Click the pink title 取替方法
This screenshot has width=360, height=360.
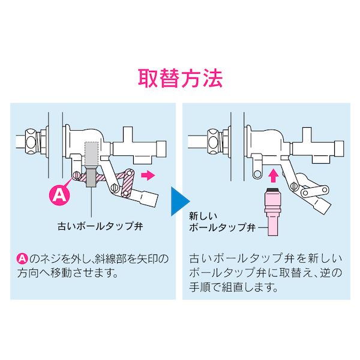[180, 78]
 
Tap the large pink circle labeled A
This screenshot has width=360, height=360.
[59, 196]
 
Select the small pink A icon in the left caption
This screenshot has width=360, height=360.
[22, 259]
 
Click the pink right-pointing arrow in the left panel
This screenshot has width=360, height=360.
[148, 176]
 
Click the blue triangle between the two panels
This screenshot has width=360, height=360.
[180, 202]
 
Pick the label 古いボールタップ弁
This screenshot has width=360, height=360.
[100, 226]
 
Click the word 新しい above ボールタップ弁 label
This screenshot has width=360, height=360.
[203, 216]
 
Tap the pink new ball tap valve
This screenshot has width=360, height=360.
[272, 212]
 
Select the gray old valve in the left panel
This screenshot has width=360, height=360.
[91, 164]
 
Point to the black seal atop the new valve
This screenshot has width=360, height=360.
[272, 190]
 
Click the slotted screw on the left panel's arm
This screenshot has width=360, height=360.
[115, 188]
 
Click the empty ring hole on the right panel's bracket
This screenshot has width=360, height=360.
[257, 174]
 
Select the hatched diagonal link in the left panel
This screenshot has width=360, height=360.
[127, 183]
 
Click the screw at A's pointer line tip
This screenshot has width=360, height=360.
[76, 176]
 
